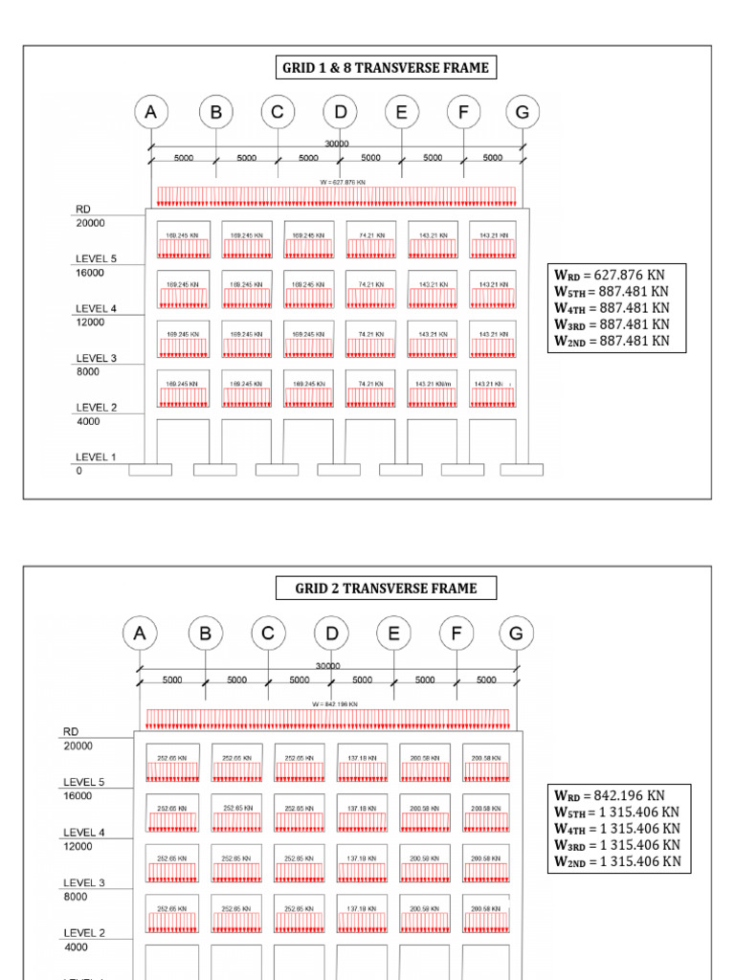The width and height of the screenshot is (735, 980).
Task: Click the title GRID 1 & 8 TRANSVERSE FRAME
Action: [385, 68]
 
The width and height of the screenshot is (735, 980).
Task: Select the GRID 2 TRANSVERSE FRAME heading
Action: [386, 588]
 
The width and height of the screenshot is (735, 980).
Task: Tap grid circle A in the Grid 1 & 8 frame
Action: [150, 112]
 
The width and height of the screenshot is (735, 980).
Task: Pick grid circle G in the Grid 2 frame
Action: [517, 633]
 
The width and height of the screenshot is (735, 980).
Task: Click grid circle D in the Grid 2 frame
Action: [331, 633]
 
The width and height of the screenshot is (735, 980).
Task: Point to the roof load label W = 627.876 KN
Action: [342, 182]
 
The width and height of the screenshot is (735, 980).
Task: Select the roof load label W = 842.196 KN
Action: [335, 704]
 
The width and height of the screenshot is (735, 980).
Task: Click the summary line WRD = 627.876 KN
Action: [610, 276]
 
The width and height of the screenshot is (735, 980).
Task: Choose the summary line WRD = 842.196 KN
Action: [609, 795]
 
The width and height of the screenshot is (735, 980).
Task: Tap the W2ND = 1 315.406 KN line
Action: [617, 861]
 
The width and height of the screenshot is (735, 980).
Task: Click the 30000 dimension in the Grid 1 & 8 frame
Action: [338, 143]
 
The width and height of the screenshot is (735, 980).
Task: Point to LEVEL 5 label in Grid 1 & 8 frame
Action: [96, 258]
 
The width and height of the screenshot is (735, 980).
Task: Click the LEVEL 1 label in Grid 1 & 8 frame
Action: [96, 457]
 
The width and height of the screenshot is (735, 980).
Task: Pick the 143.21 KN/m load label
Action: [434, 384]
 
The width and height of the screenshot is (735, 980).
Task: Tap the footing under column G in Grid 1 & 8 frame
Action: [522, 470]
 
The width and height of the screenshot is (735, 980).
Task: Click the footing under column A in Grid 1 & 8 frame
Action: [150, 470]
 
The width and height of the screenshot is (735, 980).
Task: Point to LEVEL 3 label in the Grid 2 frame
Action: [84, 882]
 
